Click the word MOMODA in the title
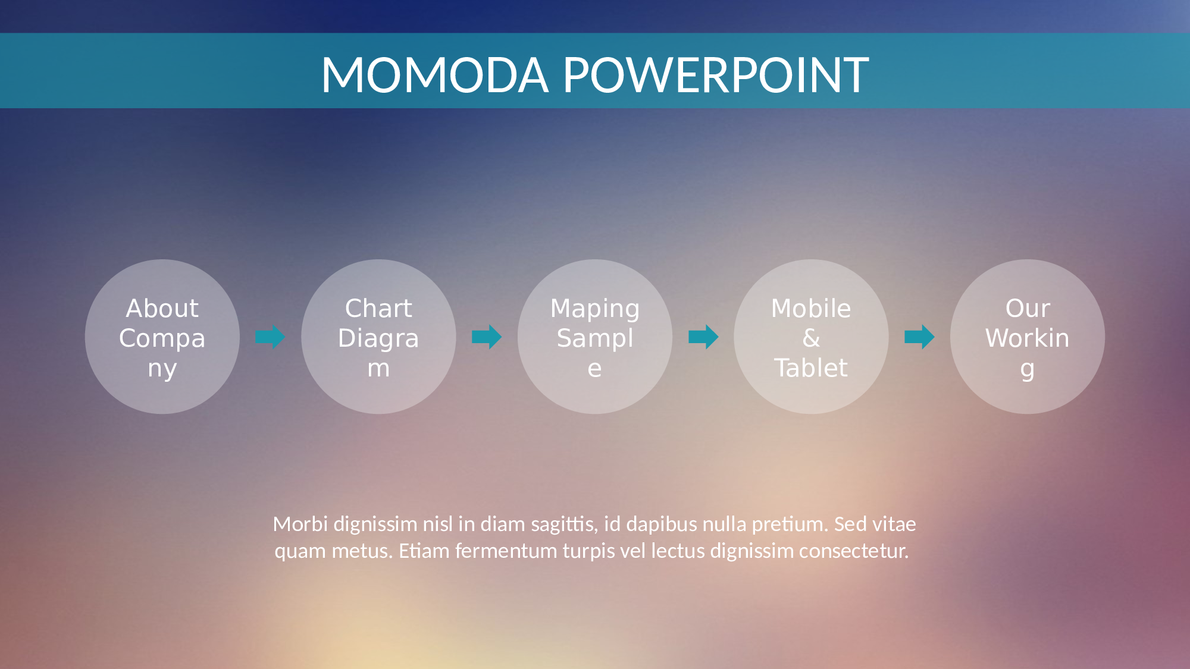click(x=434, y=75)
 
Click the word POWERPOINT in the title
click(x=716, y=75)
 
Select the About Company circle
click(x=162, y=337)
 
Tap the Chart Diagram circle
click(x=378, y=337)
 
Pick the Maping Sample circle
click(x=595, y=337)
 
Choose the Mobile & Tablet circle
click(x=811, y=337)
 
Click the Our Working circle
click(x=1028, y=337)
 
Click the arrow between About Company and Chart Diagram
click(x=270, y=337)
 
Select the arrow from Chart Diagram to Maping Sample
click(x=487, y=337)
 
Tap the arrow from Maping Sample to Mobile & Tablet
click(x=703, y=337)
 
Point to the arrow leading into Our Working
click(x=919, y=337)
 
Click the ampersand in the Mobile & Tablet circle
click(x=811, y=338)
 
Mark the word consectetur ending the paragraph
click(x=854, y=551)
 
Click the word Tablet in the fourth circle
click(x=811, y=368)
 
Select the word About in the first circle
click(x=162, y=309)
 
